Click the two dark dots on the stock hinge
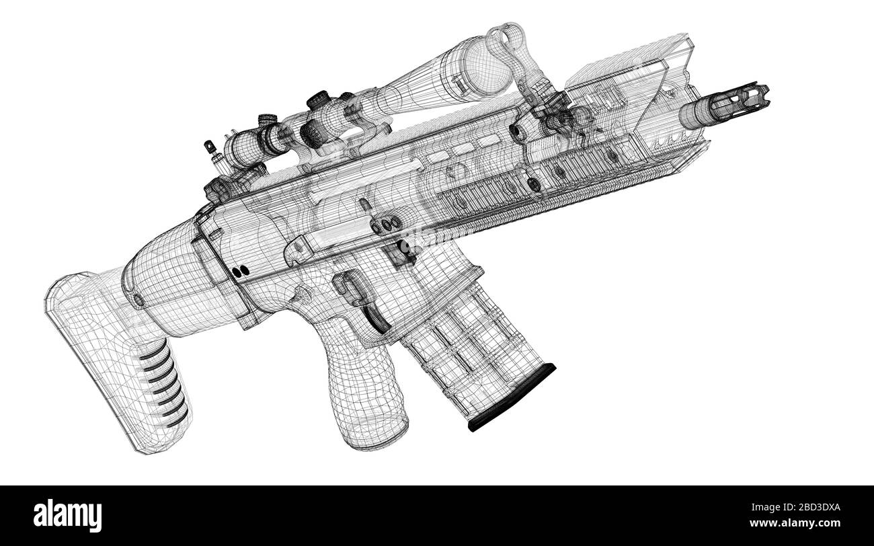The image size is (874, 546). [x=239, y=270]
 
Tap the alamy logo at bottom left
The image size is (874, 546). [x=68, y=515]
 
